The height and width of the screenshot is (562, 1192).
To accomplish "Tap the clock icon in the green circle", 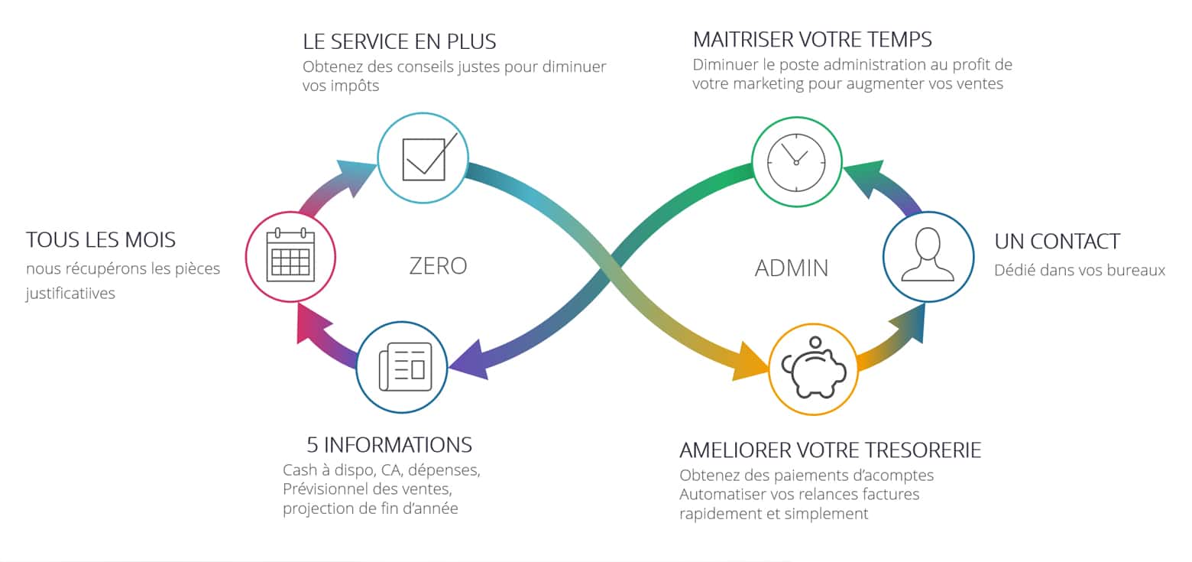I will click(x=796, y=162).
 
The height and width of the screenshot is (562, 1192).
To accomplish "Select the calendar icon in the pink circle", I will click(x=290, y=255).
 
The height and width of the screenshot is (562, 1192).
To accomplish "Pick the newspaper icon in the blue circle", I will click(x=403, y=367).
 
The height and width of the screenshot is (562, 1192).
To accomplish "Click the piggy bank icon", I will click(x=815, y=369).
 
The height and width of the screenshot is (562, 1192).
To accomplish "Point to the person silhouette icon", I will click(x=928, y=255).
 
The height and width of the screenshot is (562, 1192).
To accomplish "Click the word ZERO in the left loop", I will click(x=438, y=266).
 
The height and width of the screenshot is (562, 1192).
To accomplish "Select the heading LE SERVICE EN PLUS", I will click(x=400, y=41).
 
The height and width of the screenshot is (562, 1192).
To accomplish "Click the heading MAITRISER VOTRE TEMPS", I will click(x=812, y=39).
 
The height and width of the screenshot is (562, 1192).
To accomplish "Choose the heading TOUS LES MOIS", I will click(x=101, y=240).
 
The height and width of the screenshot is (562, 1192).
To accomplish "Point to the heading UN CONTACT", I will click(x=1057, y=242).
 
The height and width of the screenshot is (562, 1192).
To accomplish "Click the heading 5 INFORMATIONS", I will click(x=389, y=444).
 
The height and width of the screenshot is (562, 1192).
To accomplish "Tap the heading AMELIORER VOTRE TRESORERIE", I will click(x=830, y=450).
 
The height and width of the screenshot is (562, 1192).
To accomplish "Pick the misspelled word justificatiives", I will click(x=70, y=294).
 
